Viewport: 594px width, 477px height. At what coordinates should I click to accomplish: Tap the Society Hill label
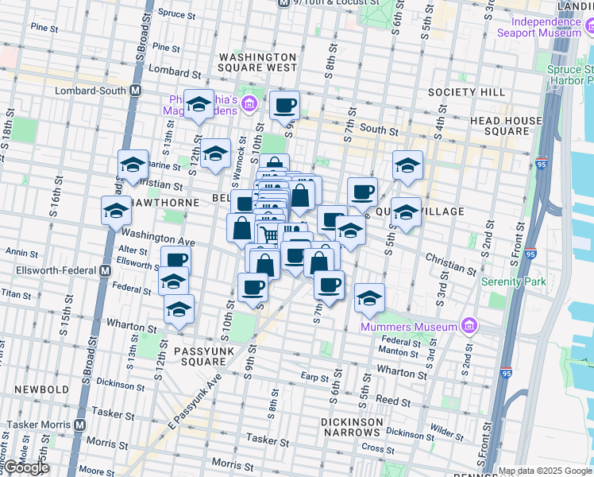pyautogui.click(x=466, y=92)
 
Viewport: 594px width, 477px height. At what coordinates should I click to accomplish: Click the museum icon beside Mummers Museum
pyautogui.click(x=469, y=326)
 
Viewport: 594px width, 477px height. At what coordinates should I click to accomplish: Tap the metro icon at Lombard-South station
pyautogui.click(x=136, y=91)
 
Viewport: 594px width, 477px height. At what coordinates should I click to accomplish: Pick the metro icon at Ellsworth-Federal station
pyautogui.click(x=105, y=270)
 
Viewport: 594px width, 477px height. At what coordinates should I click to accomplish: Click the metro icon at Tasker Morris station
pyautogui.click(x=79, y=425)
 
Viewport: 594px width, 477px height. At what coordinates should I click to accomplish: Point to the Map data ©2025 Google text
pyautogui.click(x=545, y=471)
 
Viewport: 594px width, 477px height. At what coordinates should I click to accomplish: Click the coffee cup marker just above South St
pyautogui.click(x=284, y=105)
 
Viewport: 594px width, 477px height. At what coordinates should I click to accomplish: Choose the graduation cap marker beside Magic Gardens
pyautogui.click(x=199, y=105)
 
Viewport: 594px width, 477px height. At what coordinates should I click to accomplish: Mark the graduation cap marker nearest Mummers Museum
pyautogui.click(x=369, y=298)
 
